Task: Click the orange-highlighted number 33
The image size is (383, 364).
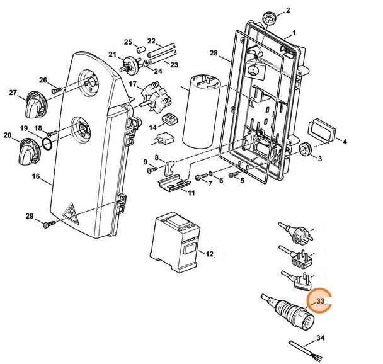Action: (x=320, y=302)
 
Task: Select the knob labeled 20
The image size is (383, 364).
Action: (x=28, y=151)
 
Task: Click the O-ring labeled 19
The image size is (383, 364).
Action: (x=45, y=145)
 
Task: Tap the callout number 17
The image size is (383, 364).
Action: (x=132, y=84)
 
